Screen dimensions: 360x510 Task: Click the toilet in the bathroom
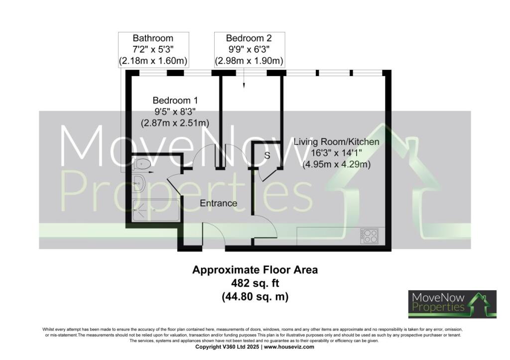coord(142,163)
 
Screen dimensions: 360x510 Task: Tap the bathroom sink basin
coord(139,183)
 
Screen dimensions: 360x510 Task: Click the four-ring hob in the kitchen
coord(370,236)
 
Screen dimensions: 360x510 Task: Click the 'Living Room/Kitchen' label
coord(336,142)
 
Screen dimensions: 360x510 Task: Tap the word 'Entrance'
coord(218,203)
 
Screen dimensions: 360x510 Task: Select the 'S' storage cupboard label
coord(267,155)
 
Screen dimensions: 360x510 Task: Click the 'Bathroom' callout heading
coord(153,38)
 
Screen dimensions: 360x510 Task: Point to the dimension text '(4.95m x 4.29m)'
coord(336,164)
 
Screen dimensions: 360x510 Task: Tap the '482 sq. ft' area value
coord(255,283)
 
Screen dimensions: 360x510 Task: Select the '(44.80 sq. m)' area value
coord(255,296)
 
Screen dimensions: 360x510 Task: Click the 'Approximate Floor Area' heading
coord(255,270)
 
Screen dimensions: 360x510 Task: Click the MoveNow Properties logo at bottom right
coord(452,304)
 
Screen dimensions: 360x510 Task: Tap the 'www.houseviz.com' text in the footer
coord(289,347)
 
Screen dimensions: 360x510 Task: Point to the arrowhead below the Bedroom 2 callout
coord(244,86)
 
